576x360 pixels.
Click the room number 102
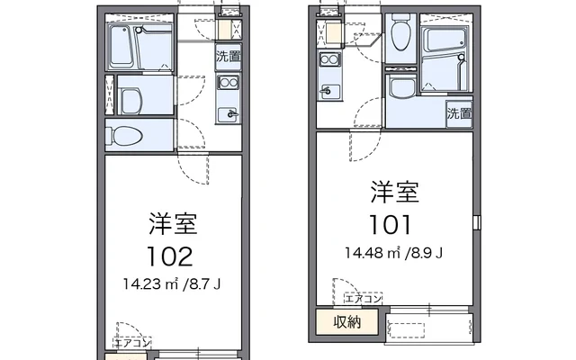coord(170,256)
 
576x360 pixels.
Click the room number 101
coord(390,224)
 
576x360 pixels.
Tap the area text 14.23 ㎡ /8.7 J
coord(172,283)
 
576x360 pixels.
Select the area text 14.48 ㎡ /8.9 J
coord(394,253)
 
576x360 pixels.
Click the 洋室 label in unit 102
coord(174,224)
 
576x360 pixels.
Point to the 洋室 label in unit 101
coord(395,192)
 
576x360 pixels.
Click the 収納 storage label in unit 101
coord(347,322)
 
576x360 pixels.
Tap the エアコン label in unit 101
coord(364,298)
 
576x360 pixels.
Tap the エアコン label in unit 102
coord(132,343)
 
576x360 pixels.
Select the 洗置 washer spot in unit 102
coord(229,57)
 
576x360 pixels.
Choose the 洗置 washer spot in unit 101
coord(459,113)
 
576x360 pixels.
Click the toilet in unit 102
coord(124,136)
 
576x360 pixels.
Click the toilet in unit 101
coord(400,34)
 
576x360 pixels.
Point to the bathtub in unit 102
coord(121,47)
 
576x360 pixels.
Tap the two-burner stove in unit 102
coord(228,83)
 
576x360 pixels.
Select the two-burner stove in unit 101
coord(330,59)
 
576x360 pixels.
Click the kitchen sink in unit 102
coord(228,114)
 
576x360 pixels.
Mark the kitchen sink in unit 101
coord(329,90)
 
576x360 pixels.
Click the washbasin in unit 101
coord(401,87)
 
